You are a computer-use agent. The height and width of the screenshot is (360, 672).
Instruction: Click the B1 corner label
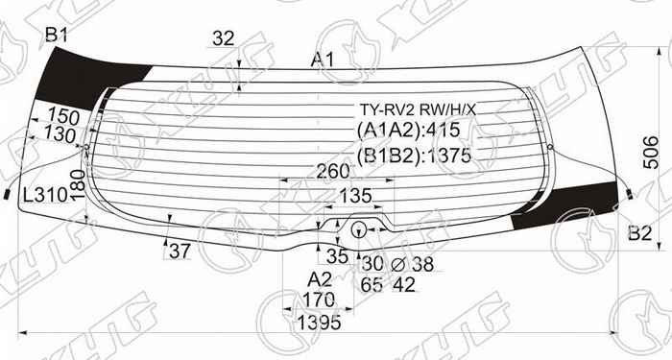[58, 37]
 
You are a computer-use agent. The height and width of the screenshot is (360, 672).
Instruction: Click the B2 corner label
[639, 233]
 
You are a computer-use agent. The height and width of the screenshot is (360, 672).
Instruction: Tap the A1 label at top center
[323, 61]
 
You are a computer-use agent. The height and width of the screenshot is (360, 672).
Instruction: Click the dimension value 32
[223, 39]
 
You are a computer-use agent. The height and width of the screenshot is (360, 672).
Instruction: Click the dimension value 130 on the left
[60, 135]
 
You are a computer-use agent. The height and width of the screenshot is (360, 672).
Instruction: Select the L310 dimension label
[44, 195]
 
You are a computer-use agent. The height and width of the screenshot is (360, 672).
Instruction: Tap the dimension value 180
[79, 180]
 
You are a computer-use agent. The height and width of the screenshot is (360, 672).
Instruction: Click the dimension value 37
[180, 252]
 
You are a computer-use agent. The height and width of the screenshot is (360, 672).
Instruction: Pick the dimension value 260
[332, 173]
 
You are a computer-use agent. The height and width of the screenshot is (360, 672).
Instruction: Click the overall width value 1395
[319, 324]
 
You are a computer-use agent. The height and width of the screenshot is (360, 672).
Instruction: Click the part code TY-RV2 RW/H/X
[417, 109]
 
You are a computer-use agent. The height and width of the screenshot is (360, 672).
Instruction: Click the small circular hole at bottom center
[358, 229]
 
